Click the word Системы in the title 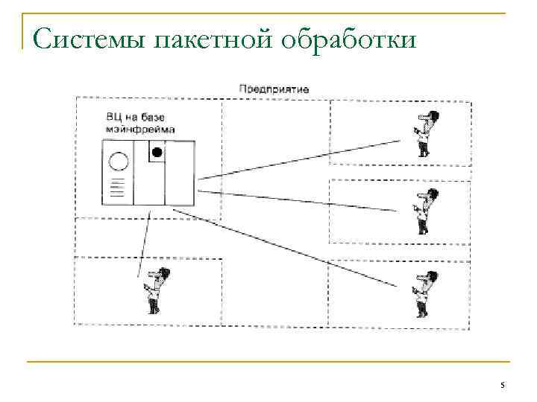[x=88, y=37]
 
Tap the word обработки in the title [x=348, y=37]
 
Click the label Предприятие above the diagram [x=274, y=89]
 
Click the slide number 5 [x=502, y=385]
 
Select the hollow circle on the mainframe [x=118, y=162]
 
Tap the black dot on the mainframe [x=157, y=152]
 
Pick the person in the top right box [x=424, y=133]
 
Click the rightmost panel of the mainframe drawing [x=179, y=173]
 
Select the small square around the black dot [x=157, y=153]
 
